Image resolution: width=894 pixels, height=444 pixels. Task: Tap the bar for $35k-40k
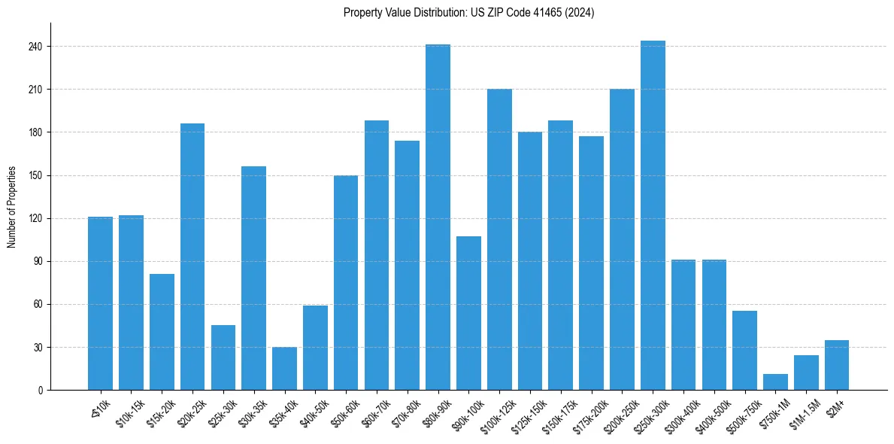[x=284, y=369]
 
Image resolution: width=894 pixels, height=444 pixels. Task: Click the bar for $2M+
[x=837, y=365]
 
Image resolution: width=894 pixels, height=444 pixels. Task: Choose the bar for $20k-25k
[x=192, y=257]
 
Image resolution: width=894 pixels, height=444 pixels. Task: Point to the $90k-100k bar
[x=468, y=313]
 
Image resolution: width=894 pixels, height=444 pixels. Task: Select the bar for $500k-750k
[x=744, y=351]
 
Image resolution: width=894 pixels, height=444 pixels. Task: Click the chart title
[x=468, y=13]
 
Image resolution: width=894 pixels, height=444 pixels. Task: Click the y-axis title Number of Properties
[x=12, y=207]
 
